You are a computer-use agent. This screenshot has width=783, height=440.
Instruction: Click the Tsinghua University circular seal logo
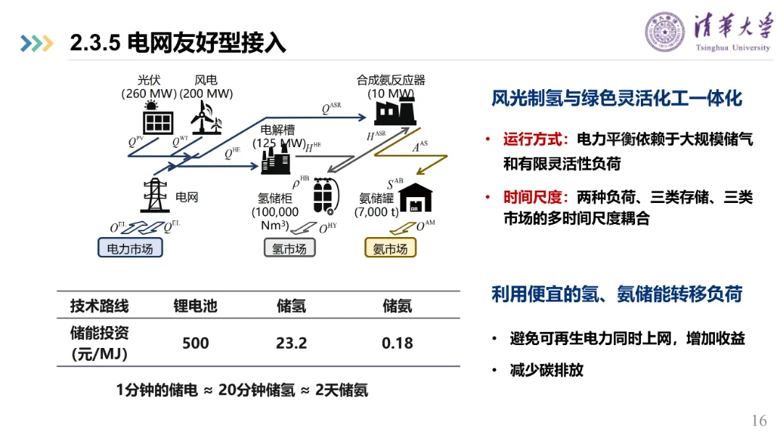(x=665, y=32)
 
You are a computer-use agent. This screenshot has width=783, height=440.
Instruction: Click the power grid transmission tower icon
(x=154, y=194)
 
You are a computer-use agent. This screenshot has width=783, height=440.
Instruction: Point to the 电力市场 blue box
(x=130, y=249)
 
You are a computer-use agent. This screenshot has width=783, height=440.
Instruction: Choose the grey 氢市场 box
(x=289, y=249)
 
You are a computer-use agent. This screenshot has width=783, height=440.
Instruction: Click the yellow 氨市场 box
(x=390, y=249)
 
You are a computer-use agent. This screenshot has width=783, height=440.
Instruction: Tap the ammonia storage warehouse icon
(x=415, y=196)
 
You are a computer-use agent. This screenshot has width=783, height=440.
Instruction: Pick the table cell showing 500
(x=195, y=342)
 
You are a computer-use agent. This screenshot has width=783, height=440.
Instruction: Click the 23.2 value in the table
(x=291, y=342)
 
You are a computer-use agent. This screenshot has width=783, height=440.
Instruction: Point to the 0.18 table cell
(x=397, y=342)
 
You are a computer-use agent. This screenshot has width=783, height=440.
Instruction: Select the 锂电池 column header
(x=195, y=305)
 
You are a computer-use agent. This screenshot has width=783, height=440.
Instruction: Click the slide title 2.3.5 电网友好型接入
(x=178, y=43)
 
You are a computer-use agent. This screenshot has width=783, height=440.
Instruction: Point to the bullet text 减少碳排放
(x=547, y=370)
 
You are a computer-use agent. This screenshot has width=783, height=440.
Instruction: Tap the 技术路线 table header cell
(x=99, y=305)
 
